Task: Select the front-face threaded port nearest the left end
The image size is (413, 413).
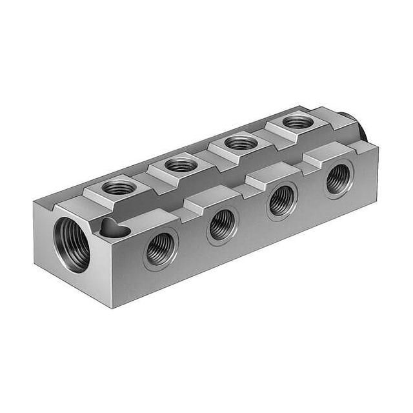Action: coord(160,248)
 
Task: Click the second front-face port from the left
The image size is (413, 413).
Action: coord(222,225)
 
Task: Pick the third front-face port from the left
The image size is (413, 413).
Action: coord(282,201)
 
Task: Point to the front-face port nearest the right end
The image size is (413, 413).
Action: coord(338,179)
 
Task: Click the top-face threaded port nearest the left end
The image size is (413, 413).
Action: coord(119,188)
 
